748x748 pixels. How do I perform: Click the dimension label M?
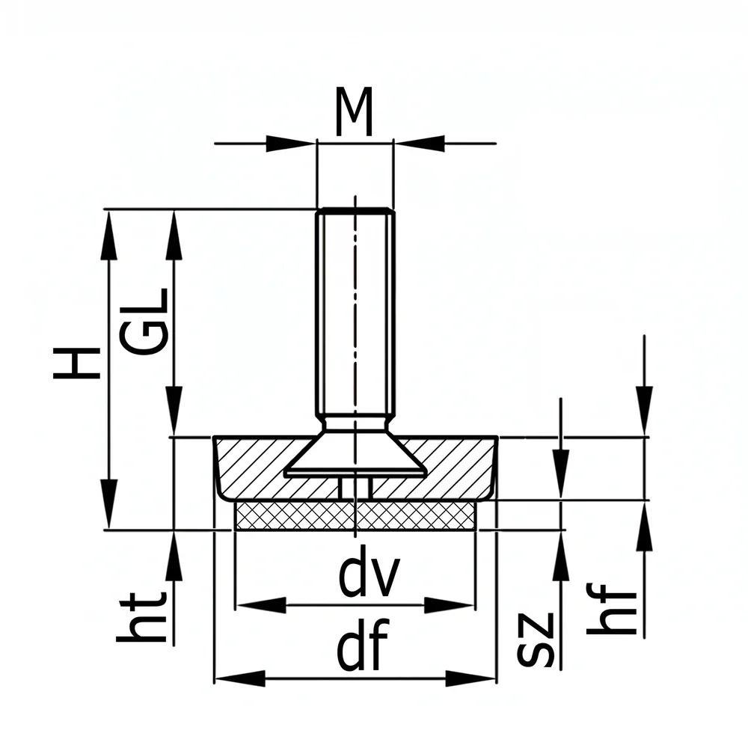[354, 111]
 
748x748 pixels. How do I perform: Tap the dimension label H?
[77, 363]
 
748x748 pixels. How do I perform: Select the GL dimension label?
[144, 322]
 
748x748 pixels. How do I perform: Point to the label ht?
[141, 617]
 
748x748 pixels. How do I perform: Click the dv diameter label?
[368, 576]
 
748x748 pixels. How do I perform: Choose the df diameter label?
[363, 645]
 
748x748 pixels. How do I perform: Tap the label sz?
[536, 640]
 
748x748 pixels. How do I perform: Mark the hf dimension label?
[612, 609]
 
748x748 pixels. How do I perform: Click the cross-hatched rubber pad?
[355, 515]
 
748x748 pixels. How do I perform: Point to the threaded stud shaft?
[355, 313]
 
